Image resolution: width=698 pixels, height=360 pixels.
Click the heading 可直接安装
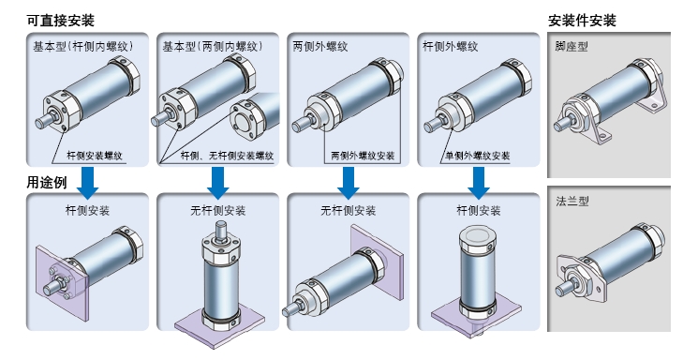click(60, 21)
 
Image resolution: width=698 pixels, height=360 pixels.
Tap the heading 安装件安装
click(582, 21)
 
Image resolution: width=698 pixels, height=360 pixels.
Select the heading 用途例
click(47, 182)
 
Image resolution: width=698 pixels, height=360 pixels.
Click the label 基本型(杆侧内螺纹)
click(83, 46)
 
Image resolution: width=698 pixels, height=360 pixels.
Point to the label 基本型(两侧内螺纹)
click(213, 46)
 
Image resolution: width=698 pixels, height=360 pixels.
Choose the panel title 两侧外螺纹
click(320, 46)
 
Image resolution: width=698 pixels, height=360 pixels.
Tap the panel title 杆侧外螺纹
click(450, 46)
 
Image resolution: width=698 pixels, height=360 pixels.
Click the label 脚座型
click(572, 46)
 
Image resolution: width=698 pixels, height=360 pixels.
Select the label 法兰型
click(572, 202)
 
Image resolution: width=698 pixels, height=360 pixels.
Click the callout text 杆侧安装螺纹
click(95, 156)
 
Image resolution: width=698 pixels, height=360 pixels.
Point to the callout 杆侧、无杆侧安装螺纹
click(227, 156)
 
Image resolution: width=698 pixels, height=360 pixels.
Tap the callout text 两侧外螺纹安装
click(363, 156)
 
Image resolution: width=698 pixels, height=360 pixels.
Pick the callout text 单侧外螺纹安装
click(478, 156)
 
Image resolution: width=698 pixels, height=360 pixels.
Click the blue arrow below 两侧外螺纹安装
click(349, 183)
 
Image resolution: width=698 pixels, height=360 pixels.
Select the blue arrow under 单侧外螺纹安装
click(479, 183)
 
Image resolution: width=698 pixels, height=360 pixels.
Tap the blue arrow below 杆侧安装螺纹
click(88, 183)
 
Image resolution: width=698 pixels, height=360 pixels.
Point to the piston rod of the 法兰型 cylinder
click(564, 288)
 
